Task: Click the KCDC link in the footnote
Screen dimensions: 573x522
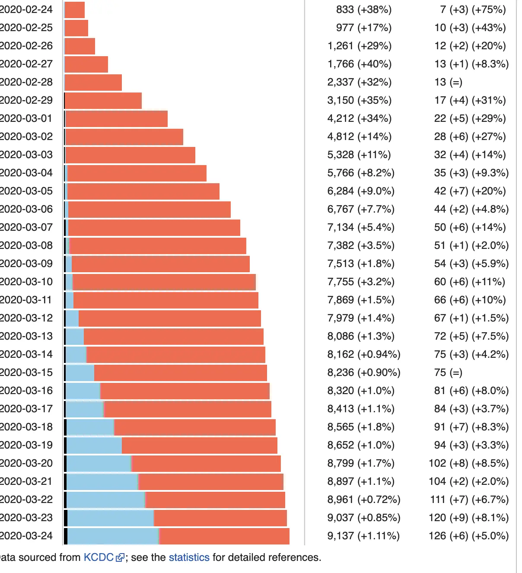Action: click(98, 557)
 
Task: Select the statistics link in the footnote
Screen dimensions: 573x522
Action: click(189, 557)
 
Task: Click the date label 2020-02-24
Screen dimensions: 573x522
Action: click(26, 10)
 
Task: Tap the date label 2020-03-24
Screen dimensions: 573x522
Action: click(26, 536)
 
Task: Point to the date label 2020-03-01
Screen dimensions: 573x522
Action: click(26, 118)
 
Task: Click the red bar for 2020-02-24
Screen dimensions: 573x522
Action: click(74, 10)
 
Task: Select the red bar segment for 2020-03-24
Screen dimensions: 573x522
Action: click(224, 536)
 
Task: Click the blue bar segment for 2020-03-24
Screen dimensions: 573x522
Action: click(113, 536)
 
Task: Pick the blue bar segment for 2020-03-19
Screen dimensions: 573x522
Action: click(94, 446)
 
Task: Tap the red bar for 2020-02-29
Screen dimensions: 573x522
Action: click(103, 101)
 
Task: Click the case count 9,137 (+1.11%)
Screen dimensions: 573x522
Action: click(363, 536)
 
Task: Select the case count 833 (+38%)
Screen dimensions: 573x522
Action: click(364, 10)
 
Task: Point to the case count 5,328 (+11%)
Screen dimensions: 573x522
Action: click(359, 155)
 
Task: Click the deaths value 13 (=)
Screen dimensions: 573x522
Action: click(448, 82)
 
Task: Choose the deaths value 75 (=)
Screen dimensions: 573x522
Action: click(448, 372)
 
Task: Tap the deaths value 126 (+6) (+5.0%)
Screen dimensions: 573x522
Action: click(468, 536)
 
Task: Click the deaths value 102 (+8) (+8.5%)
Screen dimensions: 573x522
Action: click(468, 463)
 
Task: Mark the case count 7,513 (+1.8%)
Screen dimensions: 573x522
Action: click(361, 264)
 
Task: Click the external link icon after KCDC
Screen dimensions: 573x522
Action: click(120, 558)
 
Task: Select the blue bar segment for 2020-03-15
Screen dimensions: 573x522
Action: click(80, 373)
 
